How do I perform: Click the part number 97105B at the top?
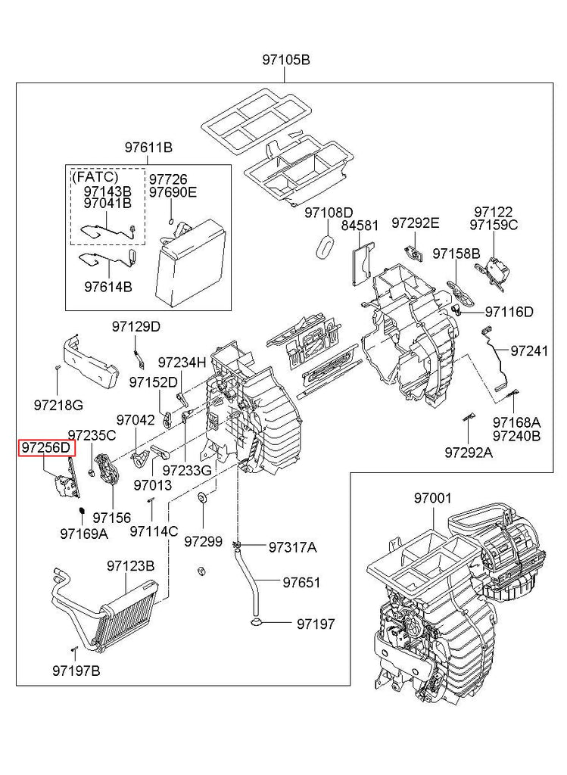(286, 61)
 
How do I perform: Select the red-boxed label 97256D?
(47, 448)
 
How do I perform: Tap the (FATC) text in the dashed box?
(95, 176)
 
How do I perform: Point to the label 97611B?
(148, 148)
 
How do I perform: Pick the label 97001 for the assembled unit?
(433, 498)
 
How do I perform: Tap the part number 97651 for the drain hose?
(301, 583)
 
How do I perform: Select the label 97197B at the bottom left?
(76, 671)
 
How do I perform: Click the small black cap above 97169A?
(81, 511)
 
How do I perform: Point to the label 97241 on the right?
(529, 351)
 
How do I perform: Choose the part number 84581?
(360, 226)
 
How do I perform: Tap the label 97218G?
(58, 406)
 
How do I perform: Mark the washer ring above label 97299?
(202, 497)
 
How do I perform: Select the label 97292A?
(469, 453)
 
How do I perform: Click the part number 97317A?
(293, 547)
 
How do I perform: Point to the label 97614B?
(108, 287)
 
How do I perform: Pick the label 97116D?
(509, 312)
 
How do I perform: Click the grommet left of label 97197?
(257, 621)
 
